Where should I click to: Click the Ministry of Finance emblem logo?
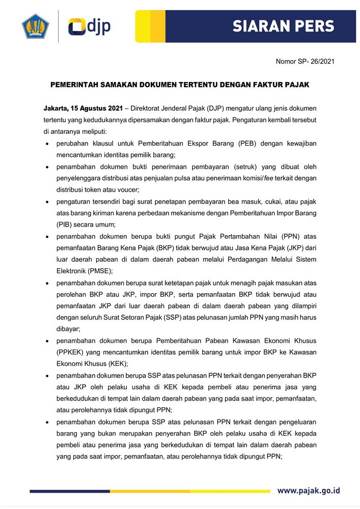(x=35, y=27)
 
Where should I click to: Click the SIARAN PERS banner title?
(x=283, y=26)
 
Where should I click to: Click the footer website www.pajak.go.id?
(x=309, y=491)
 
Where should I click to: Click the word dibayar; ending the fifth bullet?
(x=69, y=328)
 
